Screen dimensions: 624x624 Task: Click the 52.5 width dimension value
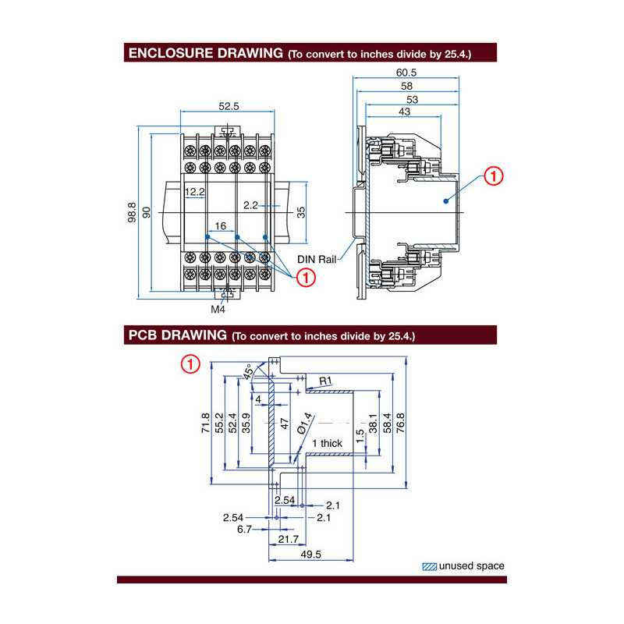pos(228,107)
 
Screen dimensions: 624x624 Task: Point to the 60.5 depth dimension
pos(406,72)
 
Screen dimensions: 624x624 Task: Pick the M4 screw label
pos(219,309)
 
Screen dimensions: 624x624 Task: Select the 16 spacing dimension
pos(220,226)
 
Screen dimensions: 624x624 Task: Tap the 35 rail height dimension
pos(300,211)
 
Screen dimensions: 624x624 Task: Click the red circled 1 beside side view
pos(494,176)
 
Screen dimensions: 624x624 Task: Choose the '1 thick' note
pos(327,443)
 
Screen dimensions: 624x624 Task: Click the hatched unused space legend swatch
pos(429,566)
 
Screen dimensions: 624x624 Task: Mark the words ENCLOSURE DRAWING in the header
pos(204,54)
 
